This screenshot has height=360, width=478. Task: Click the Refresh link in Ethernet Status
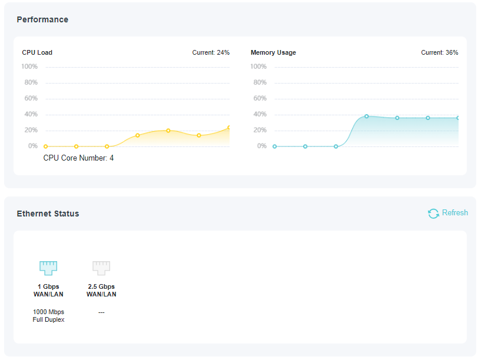tap(454, 213)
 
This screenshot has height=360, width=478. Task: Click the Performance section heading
tap(42, 19)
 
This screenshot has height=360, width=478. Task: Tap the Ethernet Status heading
tap(48, 214)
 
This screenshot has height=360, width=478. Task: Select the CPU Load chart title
tap(37, 52)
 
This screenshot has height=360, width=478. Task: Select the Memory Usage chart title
tap(273, 52)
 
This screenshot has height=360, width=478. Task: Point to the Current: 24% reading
tap(211, 52)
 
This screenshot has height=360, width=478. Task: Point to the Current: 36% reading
tap(439, 52)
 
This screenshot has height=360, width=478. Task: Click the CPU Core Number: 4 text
tap(78, 158)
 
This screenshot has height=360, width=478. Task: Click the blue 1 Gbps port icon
tap(48, 268)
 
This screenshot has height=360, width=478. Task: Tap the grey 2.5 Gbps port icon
tap(101, 268)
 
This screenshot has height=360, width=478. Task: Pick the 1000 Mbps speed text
tap(48, 312)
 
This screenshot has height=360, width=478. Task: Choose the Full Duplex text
tap(48, 319)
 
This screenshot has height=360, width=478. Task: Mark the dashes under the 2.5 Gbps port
tap(101, 312)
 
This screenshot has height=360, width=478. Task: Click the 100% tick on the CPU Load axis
tap(29, 66)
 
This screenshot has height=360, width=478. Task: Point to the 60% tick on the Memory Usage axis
tap(258, 98)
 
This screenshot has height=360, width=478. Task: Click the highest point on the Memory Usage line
tap(366, 116)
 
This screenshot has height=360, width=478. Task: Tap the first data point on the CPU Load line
tap(46, 146)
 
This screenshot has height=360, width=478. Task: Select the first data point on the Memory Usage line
tap(274, 146)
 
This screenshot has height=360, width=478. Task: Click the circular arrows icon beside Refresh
tap(433, 214)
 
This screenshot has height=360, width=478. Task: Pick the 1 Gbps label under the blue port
tap(48, 286)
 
